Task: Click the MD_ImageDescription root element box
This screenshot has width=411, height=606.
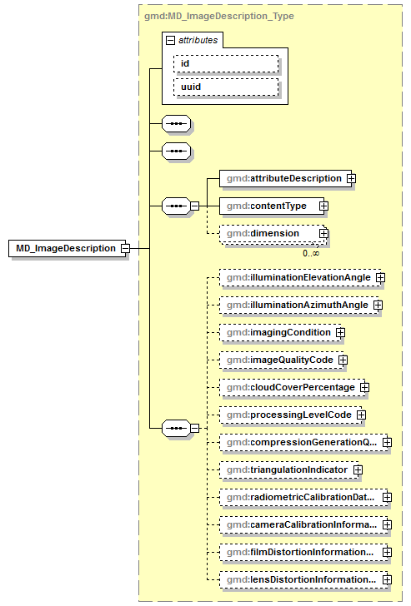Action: click(67, 248)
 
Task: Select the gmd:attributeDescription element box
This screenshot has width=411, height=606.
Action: click(283, 178)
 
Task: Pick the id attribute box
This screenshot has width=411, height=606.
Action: click(225, 63)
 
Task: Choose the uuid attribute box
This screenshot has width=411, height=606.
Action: click(225, 87)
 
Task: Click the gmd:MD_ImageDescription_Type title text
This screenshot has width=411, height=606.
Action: click(219, 15)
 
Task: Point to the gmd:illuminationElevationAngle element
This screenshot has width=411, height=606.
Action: click(296, 277)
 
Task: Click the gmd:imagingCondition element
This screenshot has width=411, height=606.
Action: click(277, 332)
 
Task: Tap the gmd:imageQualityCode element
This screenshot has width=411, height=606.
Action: click(278, 360)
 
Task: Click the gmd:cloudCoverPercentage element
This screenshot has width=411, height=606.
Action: click(288, 387)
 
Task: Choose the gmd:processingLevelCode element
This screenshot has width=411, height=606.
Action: click(287, 415)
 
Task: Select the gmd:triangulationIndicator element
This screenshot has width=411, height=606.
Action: click(285, 469)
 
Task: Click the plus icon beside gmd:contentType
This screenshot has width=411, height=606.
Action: click(323, 206)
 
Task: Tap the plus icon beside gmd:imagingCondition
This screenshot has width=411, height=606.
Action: click(340, 332)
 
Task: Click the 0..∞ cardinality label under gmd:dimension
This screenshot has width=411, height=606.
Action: click(310, 252)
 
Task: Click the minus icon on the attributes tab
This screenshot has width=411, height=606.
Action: click(170, 39)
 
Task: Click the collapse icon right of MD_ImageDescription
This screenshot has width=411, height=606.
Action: click(124, 248)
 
